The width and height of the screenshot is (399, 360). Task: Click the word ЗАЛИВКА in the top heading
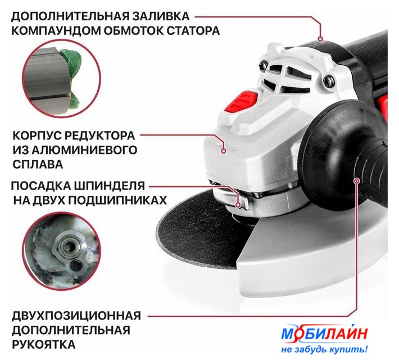point(161,16)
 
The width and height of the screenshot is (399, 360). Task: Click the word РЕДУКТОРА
point(99,136)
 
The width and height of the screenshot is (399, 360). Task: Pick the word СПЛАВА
point(38,164)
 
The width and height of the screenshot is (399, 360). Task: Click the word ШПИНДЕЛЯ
point(110,186)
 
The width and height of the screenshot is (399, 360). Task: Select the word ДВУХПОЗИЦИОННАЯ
point(76,316)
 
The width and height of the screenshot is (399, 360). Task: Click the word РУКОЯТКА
point(44,345)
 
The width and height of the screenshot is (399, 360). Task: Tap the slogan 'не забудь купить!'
point(324,349)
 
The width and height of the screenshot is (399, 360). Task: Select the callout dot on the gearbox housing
point(224,151)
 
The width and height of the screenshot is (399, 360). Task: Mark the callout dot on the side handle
point(357,181)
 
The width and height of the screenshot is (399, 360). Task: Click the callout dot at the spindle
point(238,205)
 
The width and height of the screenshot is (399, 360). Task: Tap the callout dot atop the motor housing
point(321,39)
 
